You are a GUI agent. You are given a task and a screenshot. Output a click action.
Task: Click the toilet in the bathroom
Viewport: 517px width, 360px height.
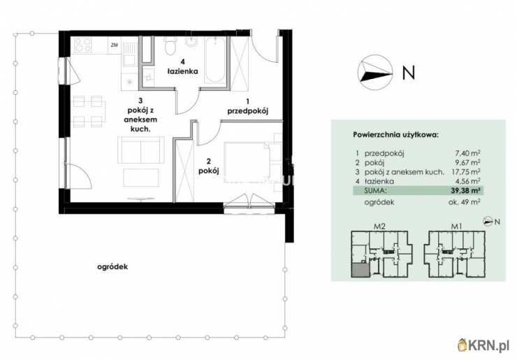(170, 46)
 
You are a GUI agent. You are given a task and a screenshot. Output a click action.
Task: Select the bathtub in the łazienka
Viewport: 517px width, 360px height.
(215, 60)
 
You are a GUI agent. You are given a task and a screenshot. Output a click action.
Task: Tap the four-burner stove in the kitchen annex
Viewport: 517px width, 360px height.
(83, 45)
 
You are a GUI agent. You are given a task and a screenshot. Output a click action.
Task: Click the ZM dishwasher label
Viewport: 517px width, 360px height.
(115, 45)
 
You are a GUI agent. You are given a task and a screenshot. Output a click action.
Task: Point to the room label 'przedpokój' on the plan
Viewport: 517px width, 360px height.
(247, 111)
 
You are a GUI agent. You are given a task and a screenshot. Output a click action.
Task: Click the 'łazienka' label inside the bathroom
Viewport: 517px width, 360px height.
(182, 71)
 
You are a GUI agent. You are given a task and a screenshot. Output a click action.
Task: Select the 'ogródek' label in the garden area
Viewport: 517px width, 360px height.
(112, 266)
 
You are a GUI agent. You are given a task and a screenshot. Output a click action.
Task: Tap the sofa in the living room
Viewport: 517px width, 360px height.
(141, 150)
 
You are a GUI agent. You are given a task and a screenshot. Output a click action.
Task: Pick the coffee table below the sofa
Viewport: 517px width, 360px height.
(141, 178)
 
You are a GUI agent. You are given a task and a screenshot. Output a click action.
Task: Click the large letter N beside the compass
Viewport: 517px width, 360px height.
(409, 72)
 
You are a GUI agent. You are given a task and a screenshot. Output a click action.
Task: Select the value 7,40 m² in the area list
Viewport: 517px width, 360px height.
(467, 153)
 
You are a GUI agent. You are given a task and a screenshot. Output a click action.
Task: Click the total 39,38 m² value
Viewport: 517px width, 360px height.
(465, 190)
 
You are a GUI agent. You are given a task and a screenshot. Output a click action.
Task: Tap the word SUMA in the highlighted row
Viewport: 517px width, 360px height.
(375, 190)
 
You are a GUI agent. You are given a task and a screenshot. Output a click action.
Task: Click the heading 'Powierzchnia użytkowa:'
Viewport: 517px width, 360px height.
(395, 135)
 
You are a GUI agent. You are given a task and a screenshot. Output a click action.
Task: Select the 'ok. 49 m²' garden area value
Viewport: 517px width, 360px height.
(464, 202)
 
